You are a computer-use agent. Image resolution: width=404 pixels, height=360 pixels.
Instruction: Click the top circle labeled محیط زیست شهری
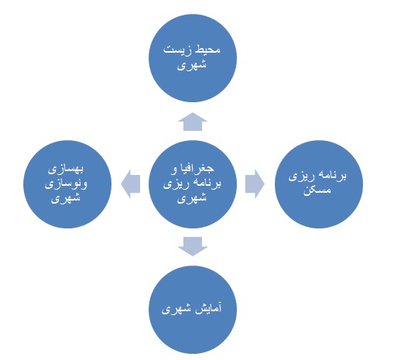pos(193,58)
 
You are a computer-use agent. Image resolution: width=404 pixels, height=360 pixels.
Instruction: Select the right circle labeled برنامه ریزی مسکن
pos(319,184)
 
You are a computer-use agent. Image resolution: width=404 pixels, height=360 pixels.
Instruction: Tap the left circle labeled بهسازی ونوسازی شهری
pos(67,184)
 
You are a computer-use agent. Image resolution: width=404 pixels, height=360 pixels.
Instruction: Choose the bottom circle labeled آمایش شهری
pos(193,310)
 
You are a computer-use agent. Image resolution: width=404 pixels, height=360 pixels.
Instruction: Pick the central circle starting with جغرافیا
pos(193,184)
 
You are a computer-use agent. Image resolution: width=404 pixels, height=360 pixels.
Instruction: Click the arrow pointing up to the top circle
pos(193,122)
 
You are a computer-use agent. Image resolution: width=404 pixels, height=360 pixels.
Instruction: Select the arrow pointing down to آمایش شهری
pos(193,246)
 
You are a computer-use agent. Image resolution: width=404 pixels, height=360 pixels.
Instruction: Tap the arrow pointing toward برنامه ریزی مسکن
pos(255,184)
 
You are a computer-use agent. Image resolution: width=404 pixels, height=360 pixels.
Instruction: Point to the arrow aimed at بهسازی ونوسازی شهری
pos(130,184)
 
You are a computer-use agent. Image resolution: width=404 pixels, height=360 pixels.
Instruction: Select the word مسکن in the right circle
pos(317,190)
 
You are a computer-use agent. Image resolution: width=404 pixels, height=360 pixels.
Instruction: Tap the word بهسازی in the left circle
pos(66,170)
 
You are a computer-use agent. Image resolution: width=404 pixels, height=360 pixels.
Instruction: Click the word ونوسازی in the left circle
pos(66,184)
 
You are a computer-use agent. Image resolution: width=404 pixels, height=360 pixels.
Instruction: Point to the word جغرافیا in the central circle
pos(200,169)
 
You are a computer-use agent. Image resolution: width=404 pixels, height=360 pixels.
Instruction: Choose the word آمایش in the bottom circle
pos(208,308)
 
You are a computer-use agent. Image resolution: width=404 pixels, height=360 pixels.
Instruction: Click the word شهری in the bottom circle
pos(176,309)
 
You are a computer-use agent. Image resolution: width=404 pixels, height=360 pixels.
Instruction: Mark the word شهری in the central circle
pos(192,199)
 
